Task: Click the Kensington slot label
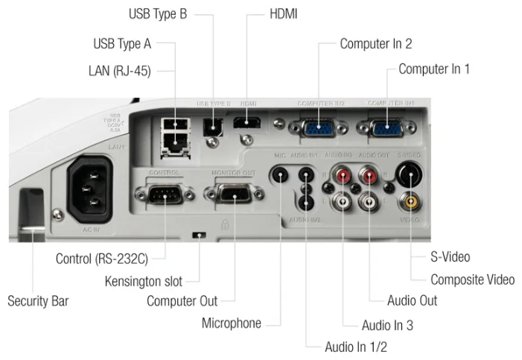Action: click(143, 281)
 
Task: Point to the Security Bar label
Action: click(38, 302)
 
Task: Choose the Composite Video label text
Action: click(472, 280)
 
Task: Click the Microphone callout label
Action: click(232, 323)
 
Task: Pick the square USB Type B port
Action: click(214, 124)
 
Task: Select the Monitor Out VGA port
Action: click(232, 195)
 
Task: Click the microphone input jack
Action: click(279, 176)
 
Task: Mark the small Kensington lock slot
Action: click(199, 236)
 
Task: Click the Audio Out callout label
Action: click(412, 301)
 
